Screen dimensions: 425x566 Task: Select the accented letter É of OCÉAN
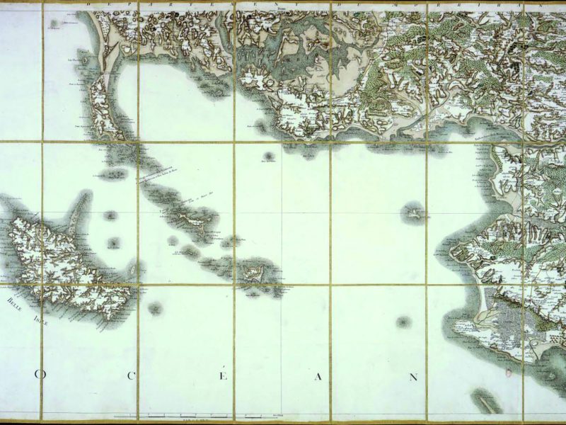click(224, 376)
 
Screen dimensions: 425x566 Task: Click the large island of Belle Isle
click(64, 262)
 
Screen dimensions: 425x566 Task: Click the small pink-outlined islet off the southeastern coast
click(404, 322)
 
